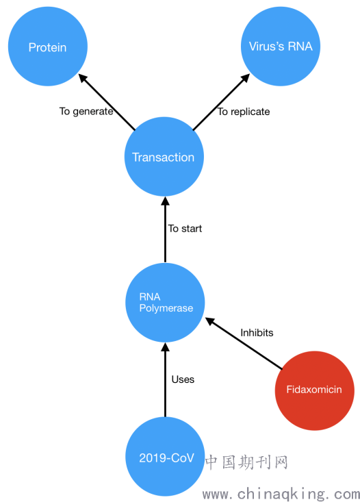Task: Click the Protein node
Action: tap(48, 47)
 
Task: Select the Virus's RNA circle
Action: tap(281, 47)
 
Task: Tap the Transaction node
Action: tap(164, 157)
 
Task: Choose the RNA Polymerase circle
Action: tap(165, 303)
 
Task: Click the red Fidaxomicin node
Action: tap(315, 390)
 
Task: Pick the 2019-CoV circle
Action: tap(165, 457)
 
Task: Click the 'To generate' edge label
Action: tap(86, 112)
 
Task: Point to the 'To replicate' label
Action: tap(244, 112)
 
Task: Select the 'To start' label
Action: tap(185, 229)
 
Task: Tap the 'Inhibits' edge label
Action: tap(257, 333)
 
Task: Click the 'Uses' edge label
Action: tap(183, 379)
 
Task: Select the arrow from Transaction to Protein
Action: tap(107, 102)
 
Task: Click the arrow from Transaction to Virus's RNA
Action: tap(222, 102)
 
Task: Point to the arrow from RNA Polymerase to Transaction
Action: tap(165, 229)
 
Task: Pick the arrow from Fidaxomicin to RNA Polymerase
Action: tap(243, 343)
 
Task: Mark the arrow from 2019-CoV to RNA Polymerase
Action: tap(165, 379)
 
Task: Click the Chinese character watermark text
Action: tap(246, 462)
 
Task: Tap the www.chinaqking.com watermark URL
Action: tap(281, 494)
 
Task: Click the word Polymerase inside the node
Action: tap(166, 308)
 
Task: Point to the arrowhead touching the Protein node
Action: tap(83, 78)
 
